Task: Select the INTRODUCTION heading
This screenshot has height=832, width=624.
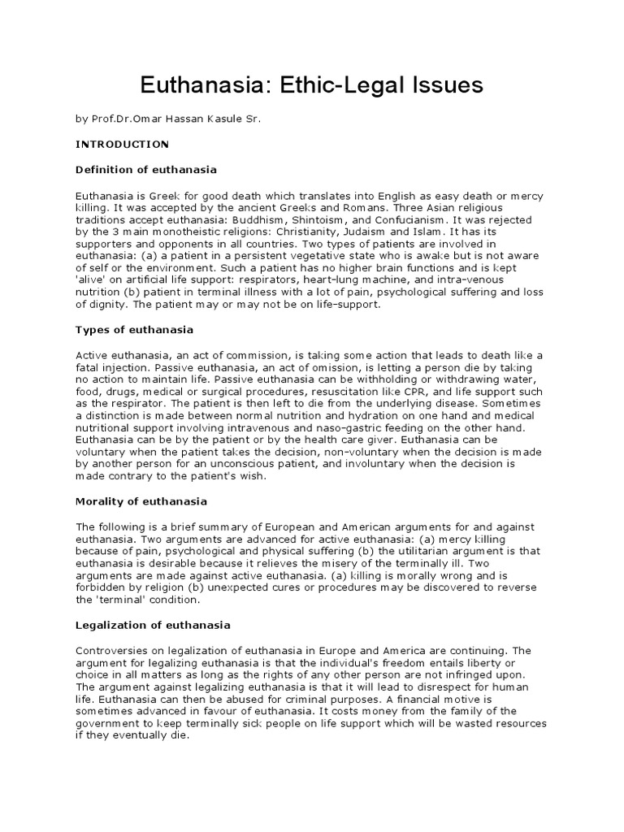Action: pos(122,144)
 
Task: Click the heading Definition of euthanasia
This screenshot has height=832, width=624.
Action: pos(145,169)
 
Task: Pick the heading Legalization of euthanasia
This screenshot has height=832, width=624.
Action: pos(153,625)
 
